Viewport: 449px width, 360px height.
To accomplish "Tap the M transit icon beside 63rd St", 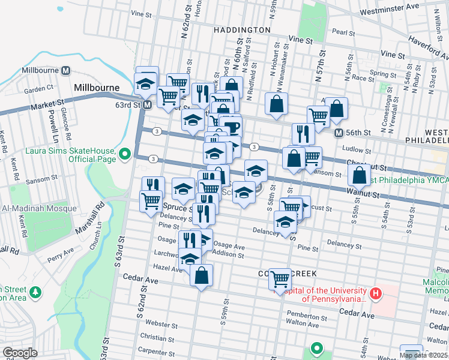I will (147, 105).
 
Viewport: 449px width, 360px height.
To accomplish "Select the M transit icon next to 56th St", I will (339, 133).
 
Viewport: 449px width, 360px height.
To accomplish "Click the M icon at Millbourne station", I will (65, 70).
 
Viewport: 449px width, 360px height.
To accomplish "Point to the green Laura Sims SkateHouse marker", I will (125, 155).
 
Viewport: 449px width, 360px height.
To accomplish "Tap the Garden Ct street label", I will (39, 89).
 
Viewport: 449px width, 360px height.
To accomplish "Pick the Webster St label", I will (156, 323).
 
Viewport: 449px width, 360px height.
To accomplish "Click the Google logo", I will (20, 353).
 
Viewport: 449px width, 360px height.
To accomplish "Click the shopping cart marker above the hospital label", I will (280, 278).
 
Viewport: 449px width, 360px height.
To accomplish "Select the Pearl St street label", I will (344, 32).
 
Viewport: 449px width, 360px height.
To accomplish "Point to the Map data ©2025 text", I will (424, 355).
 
